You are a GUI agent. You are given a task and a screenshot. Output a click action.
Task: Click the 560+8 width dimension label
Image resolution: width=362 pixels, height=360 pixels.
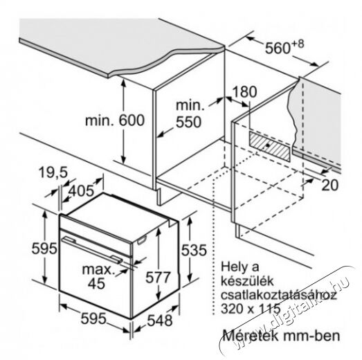(284, 47)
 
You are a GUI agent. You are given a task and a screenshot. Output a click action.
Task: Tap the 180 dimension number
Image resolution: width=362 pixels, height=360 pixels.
(244, 91)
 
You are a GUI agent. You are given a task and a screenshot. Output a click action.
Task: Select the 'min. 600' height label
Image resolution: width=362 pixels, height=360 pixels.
(115, 120)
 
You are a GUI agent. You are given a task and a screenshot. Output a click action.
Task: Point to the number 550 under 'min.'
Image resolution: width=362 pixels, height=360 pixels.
(189, 122)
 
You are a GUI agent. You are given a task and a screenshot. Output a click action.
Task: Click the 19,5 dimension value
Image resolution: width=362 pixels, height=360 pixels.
(53, 172)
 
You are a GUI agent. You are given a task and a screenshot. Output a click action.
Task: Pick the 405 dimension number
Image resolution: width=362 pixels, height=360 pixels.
(82, 191)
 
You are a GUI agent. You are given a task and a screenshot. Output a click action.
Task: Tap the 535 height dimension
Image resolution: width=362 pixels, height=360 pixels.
(194, 250)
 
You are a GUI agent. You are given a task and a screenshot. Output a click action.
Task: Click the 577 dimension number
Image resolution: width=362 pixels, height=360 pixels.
(158, 278)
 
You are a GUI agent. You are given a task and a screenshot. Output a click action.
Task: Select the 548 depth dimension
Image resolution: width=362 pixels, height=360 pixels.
(160, 321)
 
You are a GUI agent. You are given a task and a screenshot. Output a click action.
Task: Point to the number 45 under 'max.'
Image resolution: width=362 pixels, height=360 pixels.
(96, 283)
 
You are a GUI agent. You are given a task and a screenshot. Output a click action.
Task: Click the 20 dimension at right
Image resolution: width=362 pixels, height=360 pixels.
(330, 185)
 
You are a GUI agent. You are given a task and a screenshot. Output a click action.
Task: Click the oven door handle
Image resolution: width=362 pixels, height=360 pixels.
(92, 250)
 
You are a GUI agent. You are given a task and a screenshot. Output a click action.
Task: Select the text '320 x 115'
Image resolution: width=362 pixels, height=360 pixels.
(251, 309)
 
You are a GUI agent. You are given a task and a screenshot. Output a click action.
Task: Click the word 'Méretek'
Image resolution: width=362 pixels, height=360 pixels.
(251, 335)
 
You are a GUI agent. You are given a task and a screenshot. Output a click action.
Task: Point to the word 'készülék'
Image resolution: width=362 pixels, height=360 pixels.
(247, 281)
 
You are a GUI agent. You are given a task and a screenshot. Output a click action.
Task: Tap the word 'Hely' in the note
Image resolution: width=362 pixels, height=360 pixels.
(233, 267)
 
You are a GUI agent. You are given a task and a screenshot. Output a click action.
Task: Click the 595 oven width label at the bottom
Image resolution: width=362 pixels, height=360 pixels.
(93, 318)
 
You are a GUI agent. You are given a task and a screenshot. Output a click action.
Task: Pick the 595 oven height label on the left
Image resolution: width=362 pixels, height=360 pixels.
(44, 249)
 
